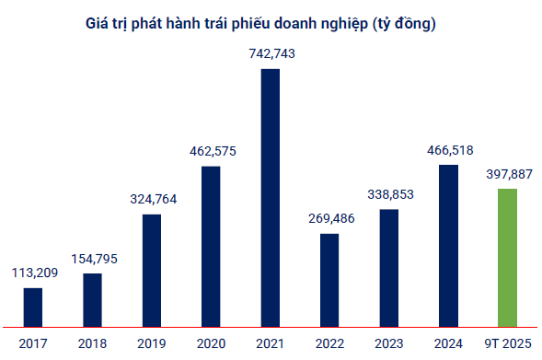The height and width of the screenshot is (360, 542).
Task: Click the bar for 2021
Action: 271,198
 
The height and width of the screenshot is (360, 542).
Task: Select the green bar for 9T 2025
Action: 508,258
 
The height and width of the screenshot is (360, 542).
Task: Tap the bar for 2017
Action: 33,308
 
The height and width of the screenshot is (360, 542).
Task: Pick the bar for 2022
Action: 329,280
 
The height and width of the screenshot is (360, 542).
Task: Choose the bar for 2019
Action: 152,271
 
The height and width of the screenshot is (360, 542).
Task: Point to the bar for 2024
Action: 448,246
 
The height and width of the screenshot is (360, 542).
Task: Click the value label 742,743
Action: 271,54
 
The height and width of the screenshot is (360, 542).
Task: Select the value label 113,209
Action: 34,273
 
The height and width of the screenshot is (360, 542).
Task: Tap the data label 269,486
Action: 329,219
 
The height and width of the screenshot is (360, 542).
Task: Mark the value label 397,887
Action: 508,174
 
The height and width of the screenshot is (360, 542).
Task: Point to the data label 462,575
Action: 212,151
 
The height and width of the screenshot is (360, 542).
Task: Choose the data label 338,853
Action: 389,195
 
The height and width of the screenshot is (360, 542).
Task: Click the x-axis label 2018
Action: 93,343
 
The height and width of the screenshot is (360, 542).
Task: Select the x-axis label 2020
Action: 212,343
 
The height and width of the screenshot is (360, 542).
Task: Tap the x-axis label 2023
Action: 389,343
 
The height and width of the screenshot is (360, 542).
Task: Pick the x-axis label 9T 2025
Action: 508,343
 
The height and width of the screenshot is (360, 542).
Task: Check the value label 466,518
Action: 448,150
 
